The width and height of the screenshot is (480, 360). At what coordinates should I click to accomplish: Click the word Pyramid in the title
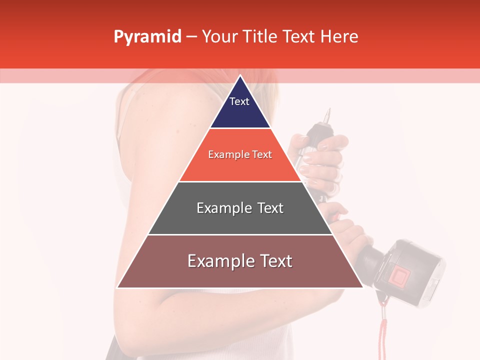tap(147, 36)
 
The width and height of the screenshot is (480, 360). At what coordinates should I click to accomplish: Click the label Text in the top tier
tap(239, 101)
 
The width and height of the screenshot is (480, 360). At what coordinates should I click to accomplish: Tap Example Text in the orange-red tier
tap(240, 154)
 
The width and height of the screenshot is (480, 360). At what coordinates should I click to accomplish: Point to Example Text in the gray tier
tap(240, 208)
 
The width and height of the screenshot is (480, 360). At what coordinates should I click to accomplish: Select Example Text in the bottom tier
tap(240, 261)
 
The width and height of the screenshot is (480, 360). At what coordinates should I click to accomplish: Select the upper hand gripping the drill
tap(325, 160)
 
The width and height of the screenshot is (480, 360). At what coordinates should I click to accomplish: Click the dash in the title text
tap(191, 36)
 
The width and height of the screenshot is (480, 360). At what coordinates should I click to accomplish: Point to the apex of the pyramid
tap(240, 76)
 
